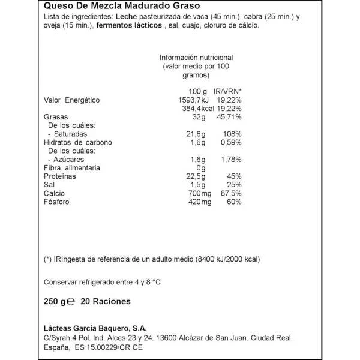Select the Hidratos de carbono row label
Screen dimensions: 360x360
79,143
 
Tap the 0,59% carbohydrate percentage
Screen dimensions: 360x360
230,143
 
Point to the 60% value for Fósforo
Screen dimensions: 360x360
233,202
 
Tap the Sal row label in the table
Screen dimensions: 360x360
50,185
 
